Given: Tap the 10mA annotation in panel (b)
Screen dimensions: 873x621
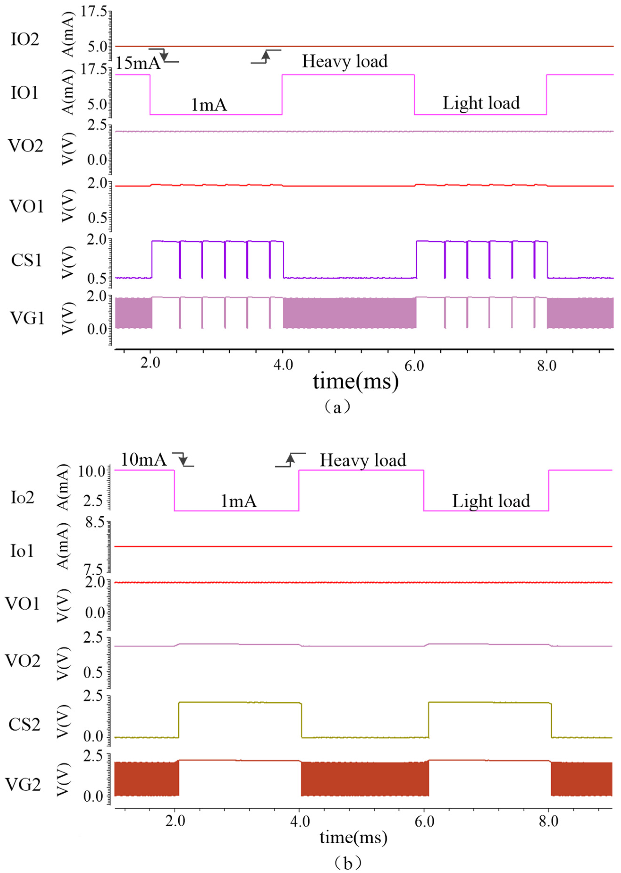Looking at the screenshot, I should click(144, 459).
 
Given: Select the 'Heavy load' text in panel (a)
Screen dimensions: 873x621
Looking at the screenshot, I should click(344, 61).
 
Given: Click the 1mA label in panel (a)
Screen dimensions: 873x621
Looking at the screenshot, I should click(209, 104).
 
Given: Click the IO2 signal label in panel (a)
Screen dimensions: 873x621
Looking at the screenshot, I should click(25, 39).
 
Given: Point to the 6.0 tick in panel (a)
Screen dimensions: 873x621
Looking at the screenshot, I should click(415, 366).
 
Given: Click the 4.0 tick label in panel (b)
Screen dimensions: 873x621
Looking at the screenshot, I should click(300, 821).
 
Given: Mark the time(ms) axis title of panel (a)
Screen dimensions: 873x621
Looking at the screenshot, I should click(356, 381).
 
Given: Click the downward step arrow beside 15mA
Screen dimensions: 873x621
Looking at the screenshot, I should click(164, 55).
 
